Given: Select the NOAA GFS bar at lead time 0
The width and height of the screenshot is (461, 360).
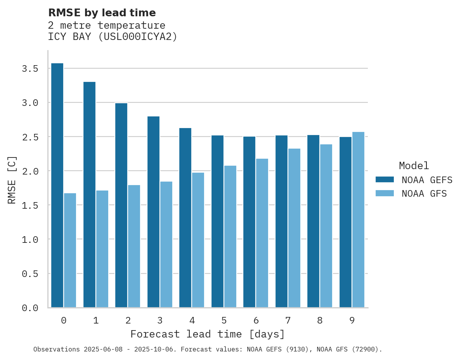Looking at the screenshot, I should coord(70,250).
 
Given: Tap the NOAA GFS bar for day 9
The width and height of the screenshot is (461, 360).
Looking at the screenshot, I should coord(358,220).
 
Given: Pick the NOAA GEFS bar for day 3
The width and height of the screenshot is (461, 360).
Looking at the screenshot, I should coord(153,212).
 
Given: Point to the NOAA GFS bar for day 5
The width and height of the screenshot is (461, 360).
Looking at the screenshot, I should coord(230,237).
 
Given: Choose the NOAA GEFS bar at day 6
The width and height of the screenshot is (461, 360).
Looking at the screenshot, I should coord(249,222).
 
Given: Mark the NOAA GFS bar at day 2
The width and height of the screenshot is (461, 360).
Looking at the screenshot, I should coord(134,246).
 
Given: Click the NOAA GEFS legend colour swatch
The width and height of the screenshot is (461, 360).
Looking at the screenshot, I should coord(385,180).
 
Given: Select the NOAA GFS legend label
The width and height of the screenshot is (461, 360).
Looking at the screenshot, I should coord(424,194).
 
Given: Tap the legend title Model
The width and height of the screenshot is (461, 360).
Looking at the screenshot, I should coord(414,166).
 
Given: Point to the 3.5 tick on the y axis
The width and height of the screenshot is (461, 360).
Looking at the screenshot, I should coord(30,69).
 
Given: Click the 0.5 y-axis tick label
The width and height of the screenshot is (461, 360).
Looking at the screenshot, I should coord(30,274).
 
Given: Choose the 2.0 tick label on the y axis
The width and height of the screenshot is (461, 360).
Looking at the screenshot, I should coord(30,171).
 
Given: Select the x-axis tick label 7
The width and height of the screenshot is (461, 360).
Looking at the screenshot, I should coord(288,320).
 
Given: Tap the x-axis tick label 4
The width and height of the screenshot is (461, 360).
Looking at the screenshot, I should coord(192,320).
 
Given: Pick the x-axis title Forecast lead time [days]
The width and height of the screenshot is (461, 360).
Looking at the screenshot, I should coord(208,334).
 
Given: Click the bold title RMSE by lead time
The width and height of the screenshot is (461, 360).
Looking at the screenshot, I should coord(102,13).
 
